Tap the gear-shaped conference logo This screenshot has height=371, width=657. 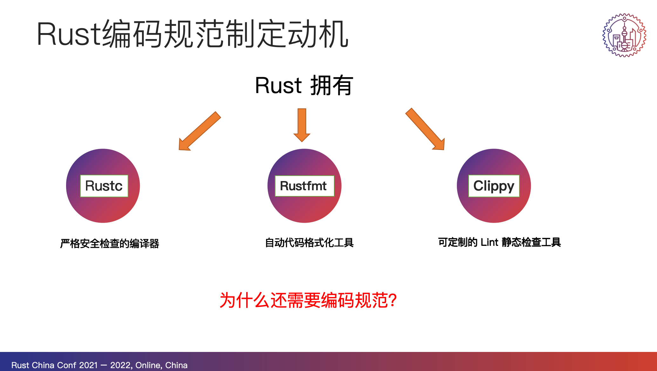tap(624, 35)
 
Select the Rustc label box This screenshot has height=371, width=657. tap(104, 186)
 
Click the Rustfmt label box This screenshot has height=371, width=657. tap(304, 186)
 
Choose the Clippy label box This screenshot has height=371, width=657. tap(494, 186)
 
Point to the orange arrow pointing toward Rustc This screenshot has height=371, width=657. tap(200, 131)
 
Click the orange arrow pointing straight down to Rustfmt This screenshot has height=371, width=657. tap(302, 125)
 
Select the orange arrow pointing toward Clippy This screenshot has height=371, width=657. tap(425, 129)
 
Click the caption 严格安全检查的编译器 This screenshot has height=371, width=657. tap(110, 244)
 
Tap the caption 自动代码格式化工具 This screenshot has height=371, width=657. tap(309, 243)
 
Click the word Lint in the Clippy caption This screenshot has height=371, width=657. tap(489, 242)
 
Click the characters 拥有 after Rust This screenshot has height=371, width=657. tap(331, 85)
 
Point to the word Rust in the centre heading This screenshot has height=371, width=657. tap(278, 85)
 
